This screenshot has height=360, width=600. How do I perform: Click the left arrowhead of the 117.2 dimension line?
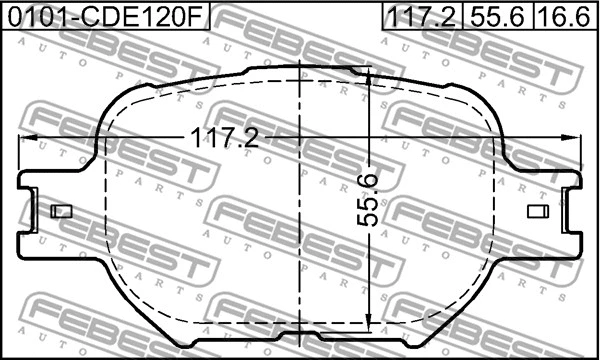[28, 136]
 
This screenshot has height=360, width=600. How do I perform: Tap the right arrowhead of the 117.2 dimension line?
[573, 136]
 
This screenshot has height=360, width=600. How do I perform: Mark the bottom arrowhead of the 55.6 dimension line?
[369, 323]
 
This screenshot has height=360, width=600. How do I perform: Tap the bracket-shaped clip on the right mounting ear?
[571, 212]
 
